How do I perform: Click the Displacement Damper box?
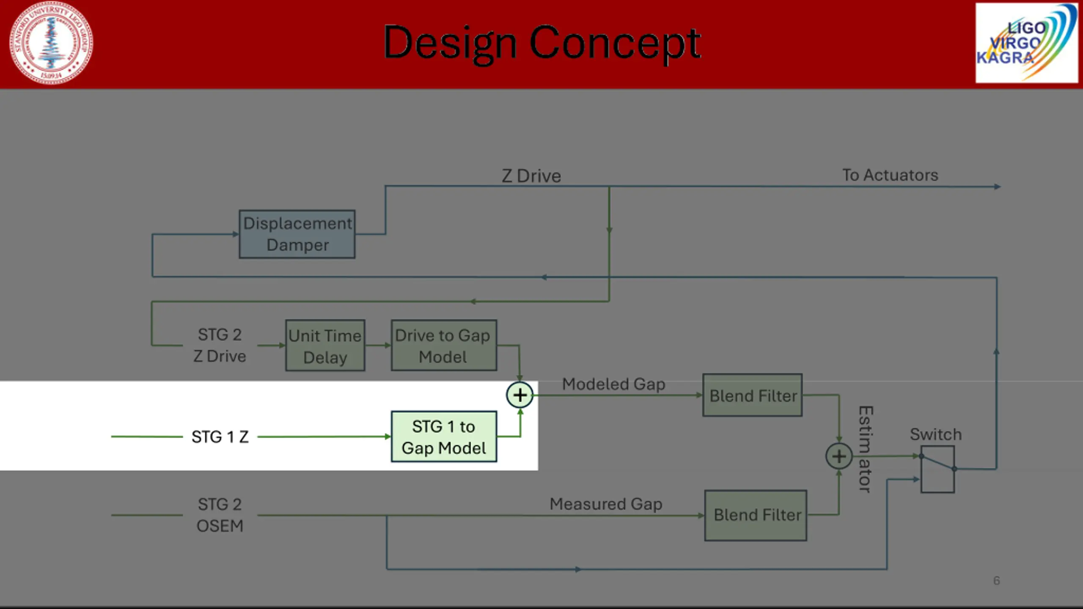(x=297, y=234)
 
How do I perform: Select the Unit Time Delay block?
(x=325, y=346)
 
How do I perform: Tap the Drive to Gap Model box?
(x=444, y=346)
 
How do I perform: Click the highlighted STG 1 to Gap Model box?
(x=444, y=436)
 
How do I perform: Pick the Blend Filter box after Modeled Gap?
(x=752, y=395)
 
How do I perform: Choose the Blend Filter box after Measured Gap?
(x=756, y=515)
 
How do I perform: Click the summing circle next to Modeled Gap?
(x=520, y=395)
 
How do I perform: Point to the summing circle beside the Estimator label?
(x=839, y=456)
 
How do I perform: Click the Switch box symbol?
(x=937, y=469)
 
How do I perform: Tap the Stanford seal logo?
(x=51, y=43)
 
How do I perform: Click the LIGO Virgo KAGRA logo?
(x=1026, y=43)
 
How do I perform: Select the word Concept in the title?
(x=615, y=43)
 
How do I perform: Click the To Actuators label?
(x=890, y=175)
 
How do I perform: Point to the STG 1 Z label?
(x=220, y=437)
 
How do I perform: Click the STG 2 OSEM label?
(x=220, y=515)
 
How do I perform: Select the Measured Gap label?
(x=606, y=504)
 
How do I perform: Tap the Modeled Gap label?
(x=613, y=384)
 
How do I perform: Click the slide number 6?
(x=996, y=581)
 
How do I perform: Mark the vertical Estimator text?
(x=866, y=449)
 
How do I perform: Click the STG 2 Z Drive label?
(x=220, y=346)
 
